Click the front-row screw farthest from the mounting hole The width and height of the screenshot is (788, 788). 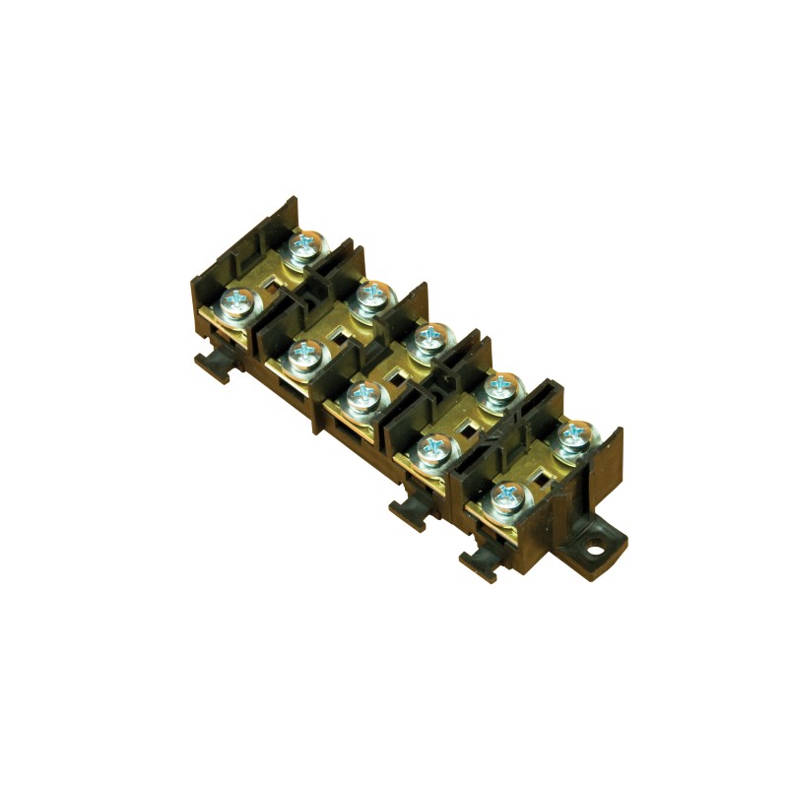pyautogui.click(x=237, y=300)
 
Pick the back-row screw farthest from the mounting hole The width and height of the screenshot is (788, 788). pyautogui.click(x=304, y=242)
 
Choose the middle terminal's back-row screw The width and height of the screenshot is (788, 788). pyautogui.click(x=429, y=337)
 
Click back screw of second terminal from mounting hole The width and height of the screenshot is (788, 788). pyautogui.click(x=500, y=386)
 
